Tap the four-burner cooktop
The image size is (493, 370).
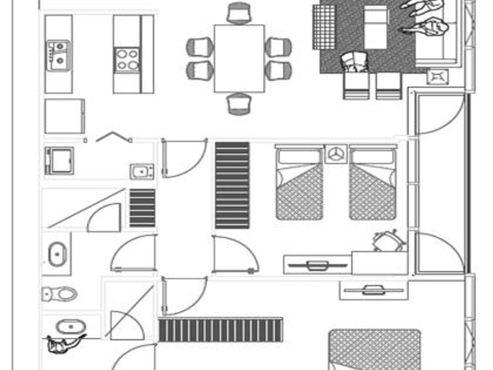pyautogui.click(x=127, y=59)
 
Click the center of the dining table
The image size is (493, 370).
pyautogui.click(x=239, y=58)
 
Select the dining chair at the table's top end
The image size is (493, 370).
pyautogui.click(x=239, y=13)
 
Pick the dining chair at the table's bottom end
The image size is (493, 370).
pyautogui.click(x=239, y=103)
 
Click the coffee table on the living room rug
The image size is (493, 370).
pyautogui.click(x=376, y=27)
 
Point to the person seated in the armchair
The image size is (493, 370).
pyautogui.click(x=354, y=61)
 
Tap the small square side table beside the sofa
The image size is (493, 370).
pyautogui.click(x=438, y=76)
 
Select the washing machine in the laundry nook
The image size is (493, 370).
pyautogui.click(x=59, y=160)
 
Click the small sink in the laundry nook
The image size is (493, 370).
pyautogui.click(x=141, y=171)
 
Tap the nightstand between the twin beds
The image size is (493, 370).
pyautogui.click(x=336, y=154)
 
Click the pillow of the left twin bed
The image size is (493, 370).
pyautogui.click(x=299, y=157)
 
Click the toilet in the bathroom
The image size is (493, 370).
pyautogui.click(x=60, y=294)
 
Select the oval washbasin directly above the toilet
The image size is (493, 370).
pyautogui.click(x=58, y=254)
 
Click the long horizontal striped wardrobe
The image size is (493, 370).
pyautogui.click(x=220, y=330)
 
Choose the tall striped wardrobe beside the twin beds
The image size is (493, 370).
pyautogui.click(x=232, y=185)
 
